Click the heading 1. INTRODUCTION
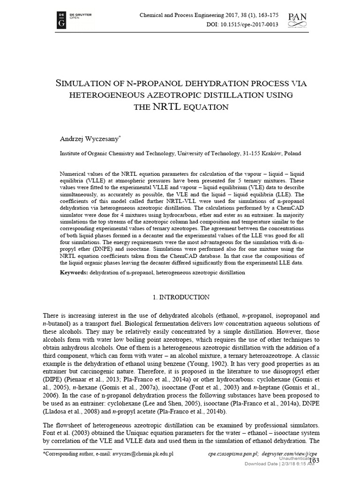182,297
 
